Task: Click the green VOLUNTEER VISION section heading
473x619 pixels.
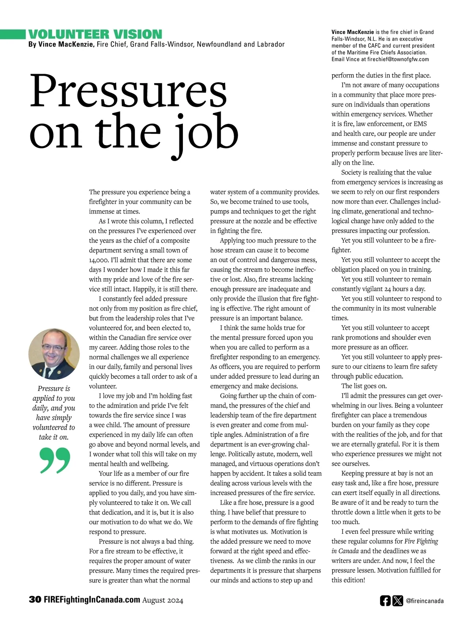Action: coord(95,34)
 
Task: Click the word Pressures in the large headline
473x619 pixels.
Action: coord(128,91)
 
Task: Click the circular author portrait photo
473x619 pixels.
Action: coord(54,354)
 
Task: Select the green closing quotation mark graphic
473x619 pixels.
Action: coord(55,460)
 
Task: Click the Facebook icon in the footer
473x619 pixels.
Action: coord(385,600)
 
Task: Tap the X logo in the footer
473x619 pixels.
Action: coord(398,600)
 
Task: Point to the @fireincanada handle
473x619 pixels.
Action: coord(425,601)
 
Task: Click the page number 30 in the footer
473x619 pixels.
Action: coord(35,600)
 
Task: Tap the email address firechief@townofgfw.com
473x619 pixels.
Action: coord(398,59)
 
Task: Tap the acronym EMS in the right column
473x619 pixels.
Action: coord(420,124)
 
